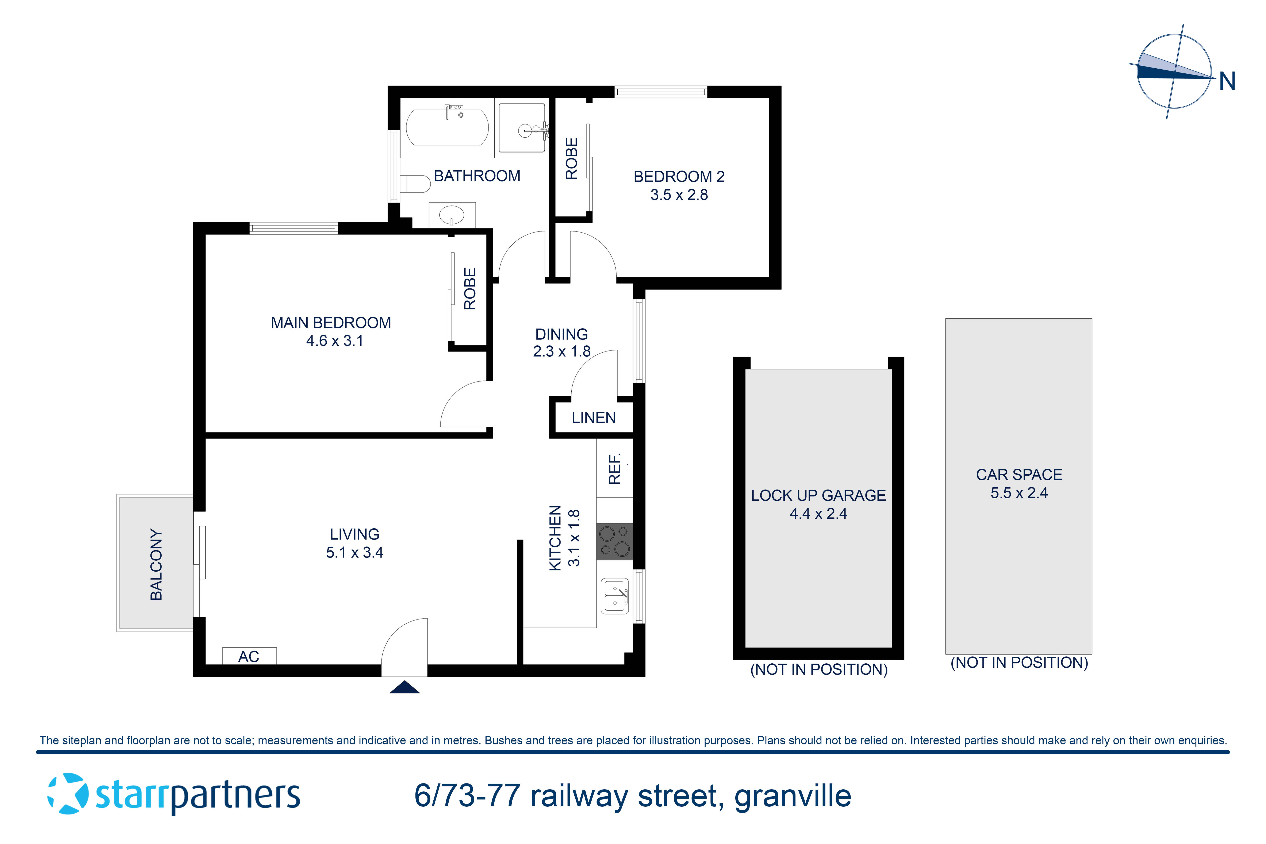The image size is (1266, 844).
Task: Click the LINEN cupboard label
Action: (593, 418)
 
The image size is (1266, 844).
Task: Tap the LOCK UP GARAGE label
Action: (818, 495)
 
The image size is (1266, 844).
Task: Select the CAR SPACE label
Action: (1019, 475)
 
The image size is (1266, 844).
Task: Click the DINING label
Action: (561, 334)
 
